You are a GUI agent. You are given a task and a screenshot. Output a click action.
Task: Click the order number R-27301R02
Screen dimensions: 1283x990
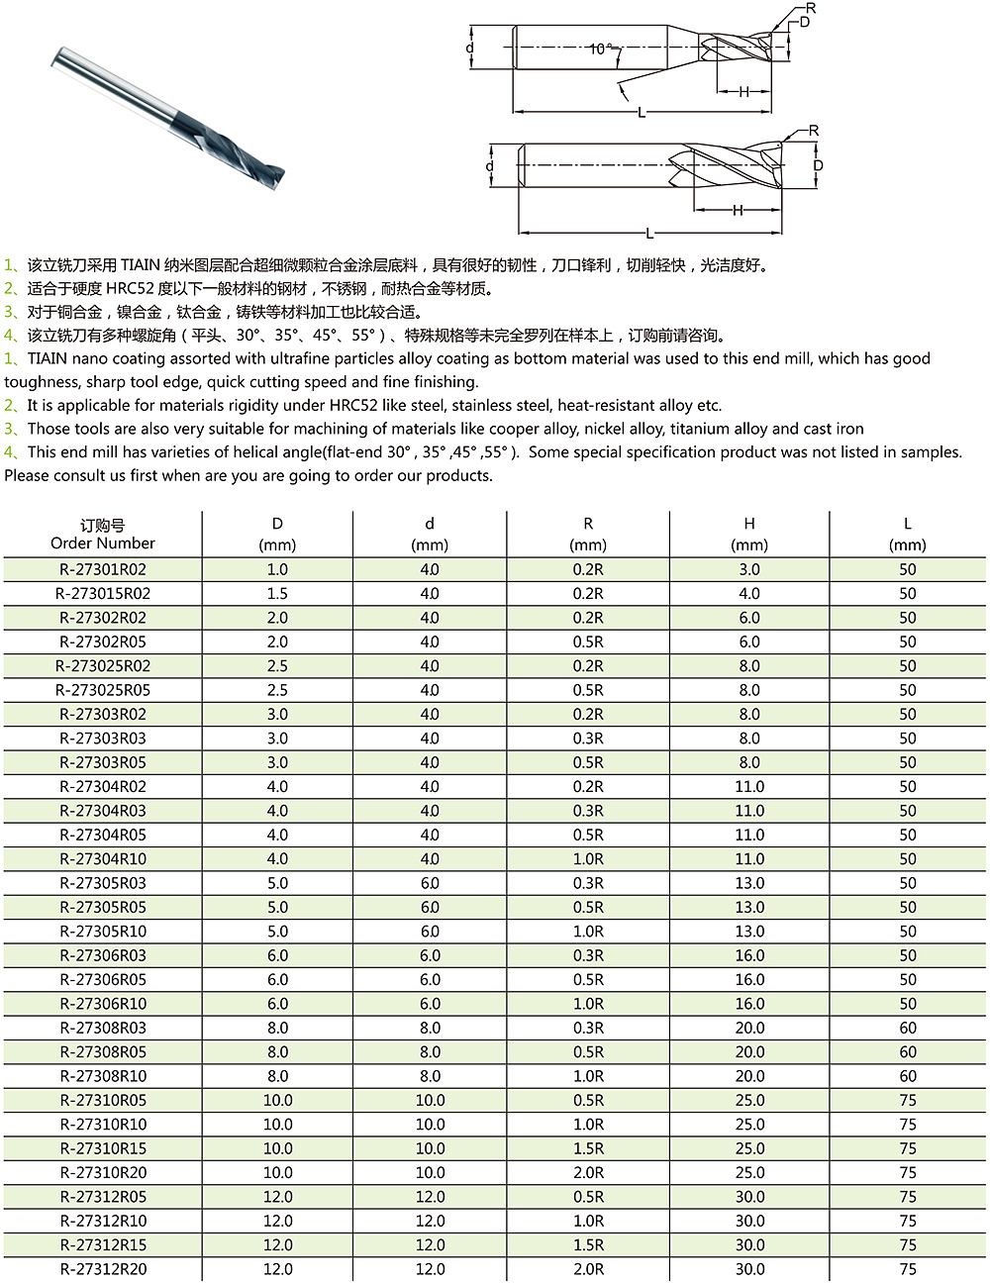pos(103,569)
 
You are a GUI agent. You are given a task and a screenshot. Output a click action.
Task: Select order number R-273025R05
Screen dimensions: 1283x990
pos(103,690)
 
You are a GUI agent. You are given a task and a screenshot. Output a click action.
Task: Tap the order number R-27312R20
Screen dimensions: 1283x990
pos(103,1269)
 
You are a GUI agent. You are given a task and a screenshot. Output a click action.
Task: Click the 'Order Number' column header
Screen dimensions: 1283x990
pos(103,535)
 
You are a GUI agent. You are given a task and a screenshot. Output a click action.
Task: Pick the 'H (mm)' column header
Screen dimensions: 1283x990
pos(749,535)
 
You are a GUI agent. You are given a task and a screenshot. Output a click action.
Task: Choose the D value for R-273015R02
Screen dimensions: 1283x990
pos(277,594)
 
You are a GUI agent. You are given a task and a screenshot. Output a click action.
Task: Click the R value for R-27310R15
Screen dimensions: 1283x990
pos(588,1148)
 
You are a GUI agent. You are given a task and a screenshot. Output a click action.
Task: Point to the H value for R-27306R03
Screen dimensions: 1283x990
pos(749,955)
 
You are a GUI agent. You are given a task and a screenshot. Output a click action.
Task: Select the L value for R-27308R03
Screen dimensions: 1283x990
pos(908,1028)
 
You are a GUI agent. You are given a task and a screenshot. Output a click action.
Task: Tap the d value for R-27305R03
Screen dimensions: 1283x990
pos(430,883)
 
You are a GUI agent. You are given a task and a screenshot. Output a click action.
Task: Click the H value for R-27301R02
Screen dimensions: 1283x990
pos(749,569)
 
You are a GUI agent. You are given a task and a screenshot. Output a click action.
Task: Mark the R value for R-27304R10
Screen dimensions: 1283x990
pos(588,859)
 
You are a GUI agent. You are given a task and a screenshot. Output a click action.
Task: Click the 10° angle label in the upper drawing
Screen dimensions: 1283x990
pos(600,49)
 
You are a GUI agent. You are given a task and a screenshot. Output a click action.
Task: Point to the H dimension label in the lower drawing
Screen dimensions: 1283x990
pos(738,210)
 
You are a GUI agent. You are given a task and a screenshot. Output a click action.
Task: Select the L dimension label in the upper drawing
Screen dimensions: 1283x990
pos(642,113)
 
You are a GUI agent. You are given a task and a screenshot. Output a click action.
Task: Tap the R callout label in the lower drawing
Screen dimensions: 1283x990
pos(814,131)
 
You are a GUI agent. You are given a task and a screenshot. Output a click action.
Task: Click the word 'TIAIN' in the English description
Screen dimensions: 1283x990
pos(48,358)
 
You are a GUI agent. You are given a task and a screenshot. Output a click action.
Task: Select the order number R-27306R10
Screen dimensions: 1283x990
pos(103,1004)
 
